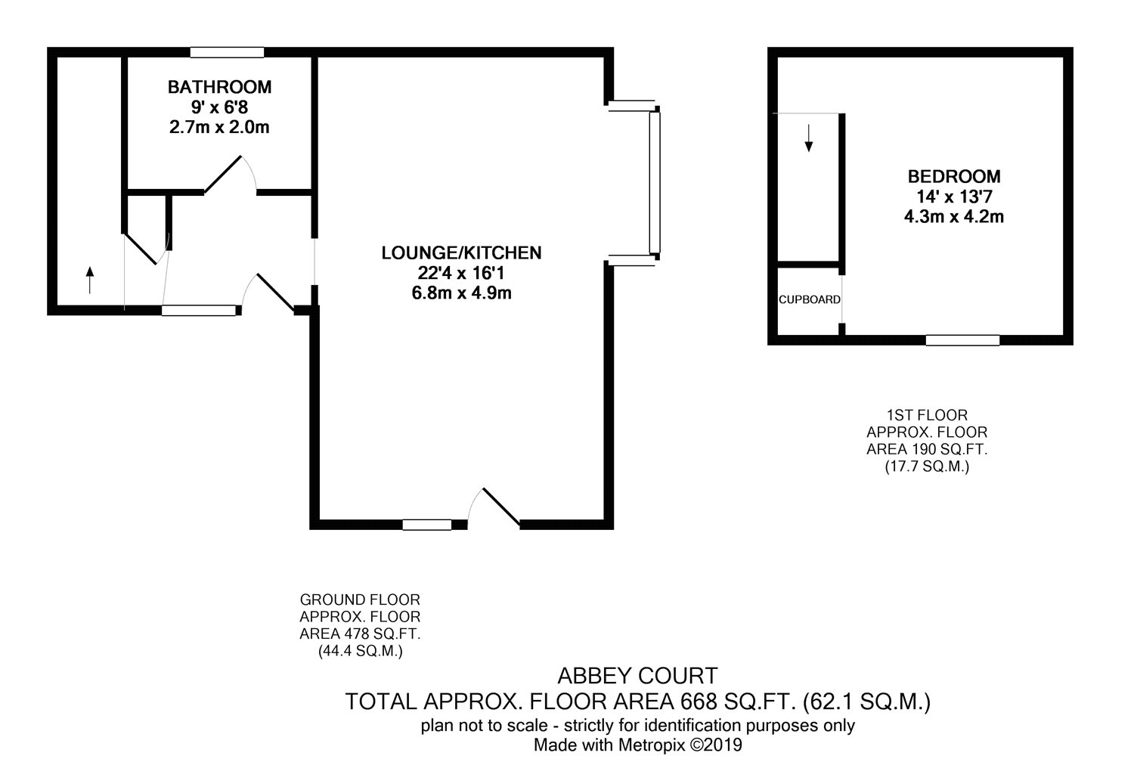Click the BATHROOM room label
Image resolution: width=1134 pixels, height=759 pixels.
point(219,87)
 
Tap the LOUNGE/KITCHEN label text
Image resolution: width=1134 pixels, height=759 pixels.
point(461,252)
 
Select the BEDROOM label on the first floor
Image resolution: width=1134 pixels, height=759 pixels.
point(954,176)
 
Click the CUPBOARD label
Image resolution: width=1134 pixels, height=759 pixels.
point(809,300)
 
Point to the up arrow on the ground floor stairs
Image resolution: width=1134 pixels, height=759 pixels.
point(90,280)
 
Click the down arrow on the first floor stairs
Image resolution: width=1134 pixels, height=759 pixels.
point(808,138)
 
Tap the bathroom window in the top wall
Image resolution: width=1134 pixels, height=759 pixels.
point(228,52)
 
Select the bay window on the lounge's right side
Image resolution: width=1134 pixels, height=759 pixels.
point(655,182)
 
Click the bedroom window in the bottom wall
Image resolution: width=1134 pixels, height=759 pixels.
point(962,340)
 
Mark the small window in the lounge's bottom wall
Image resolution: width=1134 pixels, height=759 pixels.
point(427,525)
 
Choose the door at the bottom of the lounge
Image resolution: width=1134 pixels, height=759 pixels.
point(494,508)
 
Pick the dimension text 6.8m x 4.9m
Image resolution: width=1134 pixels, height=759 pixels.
point(461,293)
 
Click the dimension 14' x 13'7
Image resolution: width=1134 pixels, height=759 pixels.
point(954,197)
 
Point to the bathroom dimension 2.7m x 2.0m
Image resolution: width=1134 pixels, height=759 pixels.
point(219,127)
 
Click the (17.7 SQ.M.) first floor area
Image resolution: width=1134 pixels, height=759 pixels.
point(927,466)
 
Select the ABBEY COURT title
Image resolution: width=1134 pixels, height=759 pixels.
point(637,676)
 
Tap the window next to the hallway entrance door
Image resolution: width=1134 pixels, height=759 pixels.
point(199,311)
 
